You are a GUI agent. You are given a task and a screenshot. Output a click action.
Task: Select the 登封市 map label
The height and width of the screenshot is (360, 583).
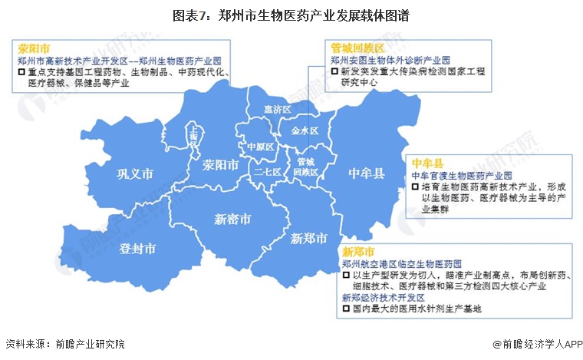[139, 248]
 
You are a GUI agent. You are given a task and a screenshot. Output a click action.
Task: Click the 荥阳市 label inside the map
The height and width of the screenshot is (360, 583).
[221, 166]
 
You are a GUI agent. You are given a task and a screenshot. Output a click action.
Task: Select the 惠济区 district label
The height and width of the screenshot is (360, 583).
[277, 110]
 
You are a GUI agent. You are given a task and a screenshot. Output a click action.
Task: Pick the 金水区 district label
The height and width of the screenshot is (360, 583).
[305, 130]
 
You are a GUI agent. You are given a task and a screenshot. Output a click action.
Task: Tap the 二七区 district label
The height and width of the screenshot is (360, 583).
[268, 172]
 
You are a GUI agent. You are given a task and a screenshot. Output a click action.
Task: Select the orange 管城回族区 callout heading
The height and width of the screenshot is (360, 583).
[354, 47]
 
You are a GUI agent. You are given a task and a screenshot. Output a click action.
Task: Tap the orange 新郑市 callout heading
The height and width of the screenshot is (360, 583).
[358, 252]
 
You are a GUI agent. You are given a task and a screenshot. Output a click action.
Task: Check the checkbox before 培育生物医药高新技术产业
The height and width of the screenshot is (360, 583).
[415, 187]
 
